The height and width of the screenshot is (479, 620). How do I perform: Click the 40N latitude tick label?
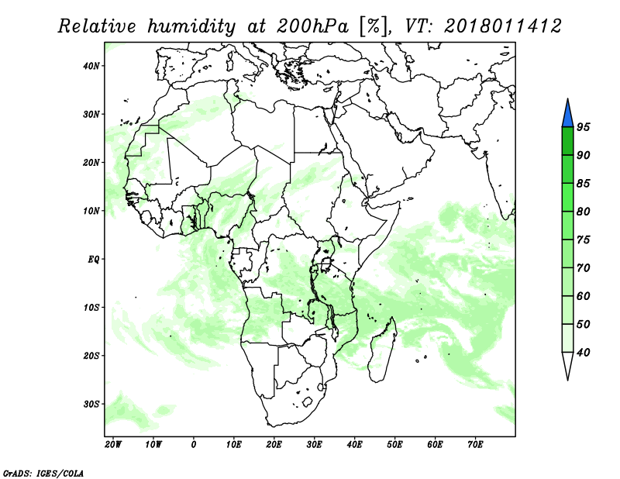91,66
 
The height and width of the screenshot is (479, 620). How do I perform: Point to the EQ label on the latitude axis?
93,260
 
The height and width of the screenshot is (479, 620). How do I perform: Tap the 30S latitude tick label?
91,405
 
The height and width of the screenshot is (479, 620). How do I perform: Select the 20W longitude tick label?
113,445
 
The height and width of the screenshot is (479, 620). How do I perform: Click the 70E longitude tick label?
475,445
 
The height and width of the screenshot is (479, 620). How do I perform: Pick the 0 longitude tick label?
193,445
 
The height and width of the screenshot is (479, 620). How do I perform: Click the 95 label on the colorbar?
584,127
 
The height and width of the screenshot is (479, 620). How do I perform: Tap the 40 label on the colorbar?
584,353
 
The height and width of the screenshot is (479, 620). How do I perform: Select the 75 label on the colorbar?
584,239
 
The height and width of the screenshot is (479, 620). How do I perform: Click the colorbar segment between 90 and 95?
567,141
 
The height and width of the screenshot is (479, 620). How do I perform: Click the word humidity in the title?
191,26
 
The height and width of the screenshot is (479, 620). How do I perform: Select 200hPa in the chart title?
312,26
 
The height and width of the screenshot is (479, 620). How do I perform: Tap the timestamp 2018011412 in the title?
502,26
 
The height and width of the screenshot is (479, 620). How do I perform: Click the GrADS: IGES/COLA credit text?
43,473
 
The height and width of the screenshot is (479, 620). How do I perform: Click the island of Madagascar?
383,350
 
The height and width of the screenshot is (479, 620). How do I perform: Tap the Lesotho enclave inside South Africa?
307,402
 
